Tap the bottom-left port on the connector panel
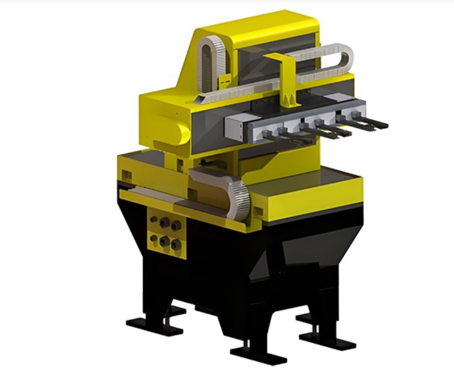[154, 238]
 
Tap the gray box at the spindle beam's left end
[236, 125]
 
